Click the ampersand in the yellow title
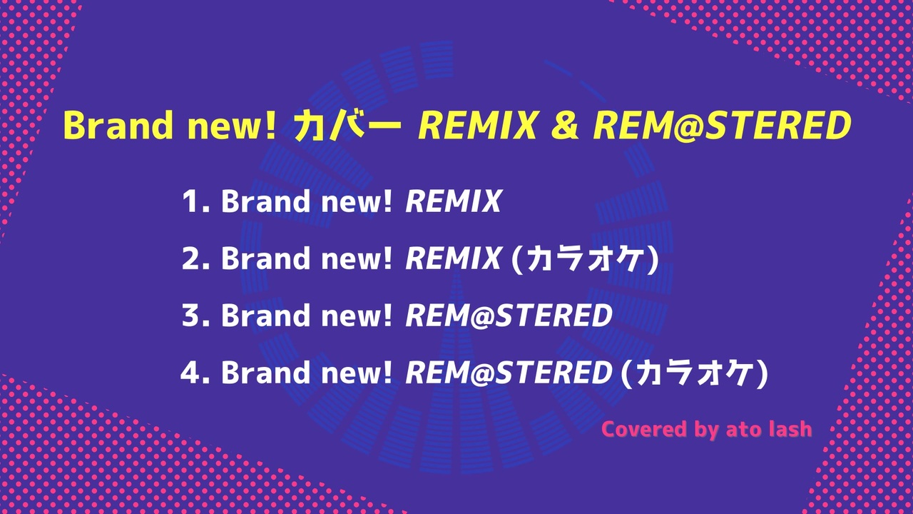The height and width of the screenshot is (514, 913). pyautogui.click(x=564, y=125)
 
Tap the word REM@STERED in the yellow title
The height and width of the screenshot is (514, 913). pyautogui.click(x=723, y=125)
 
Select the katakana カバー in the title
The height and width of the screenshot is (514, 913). pyautogui.click(x=347, y=125)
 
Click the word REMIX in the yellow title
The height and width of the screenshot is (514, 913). pyautogui.click(x=478, y=125)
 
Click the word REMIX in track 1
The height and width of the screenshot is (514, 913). pyautogui.click(x=453, y=201)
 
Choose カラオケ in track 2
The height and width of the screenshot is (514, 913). pyautogui.click(x=585, y=259)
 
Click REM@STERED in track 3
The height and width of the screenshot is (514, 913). pyautogui.click(x=509, y=316)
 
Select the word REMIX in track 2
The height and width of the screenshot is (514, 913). pyautogui.click(x=453, y=258)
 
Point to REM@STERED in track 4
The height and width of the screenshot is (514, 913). pyautogui.click(x=509, y=373)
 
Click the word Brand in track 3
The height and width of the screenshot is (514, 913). pyautogui.click(x=265, y=316)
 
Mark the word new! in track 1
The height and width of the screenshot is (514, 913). pyautogui.click(x=357, y=201)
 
